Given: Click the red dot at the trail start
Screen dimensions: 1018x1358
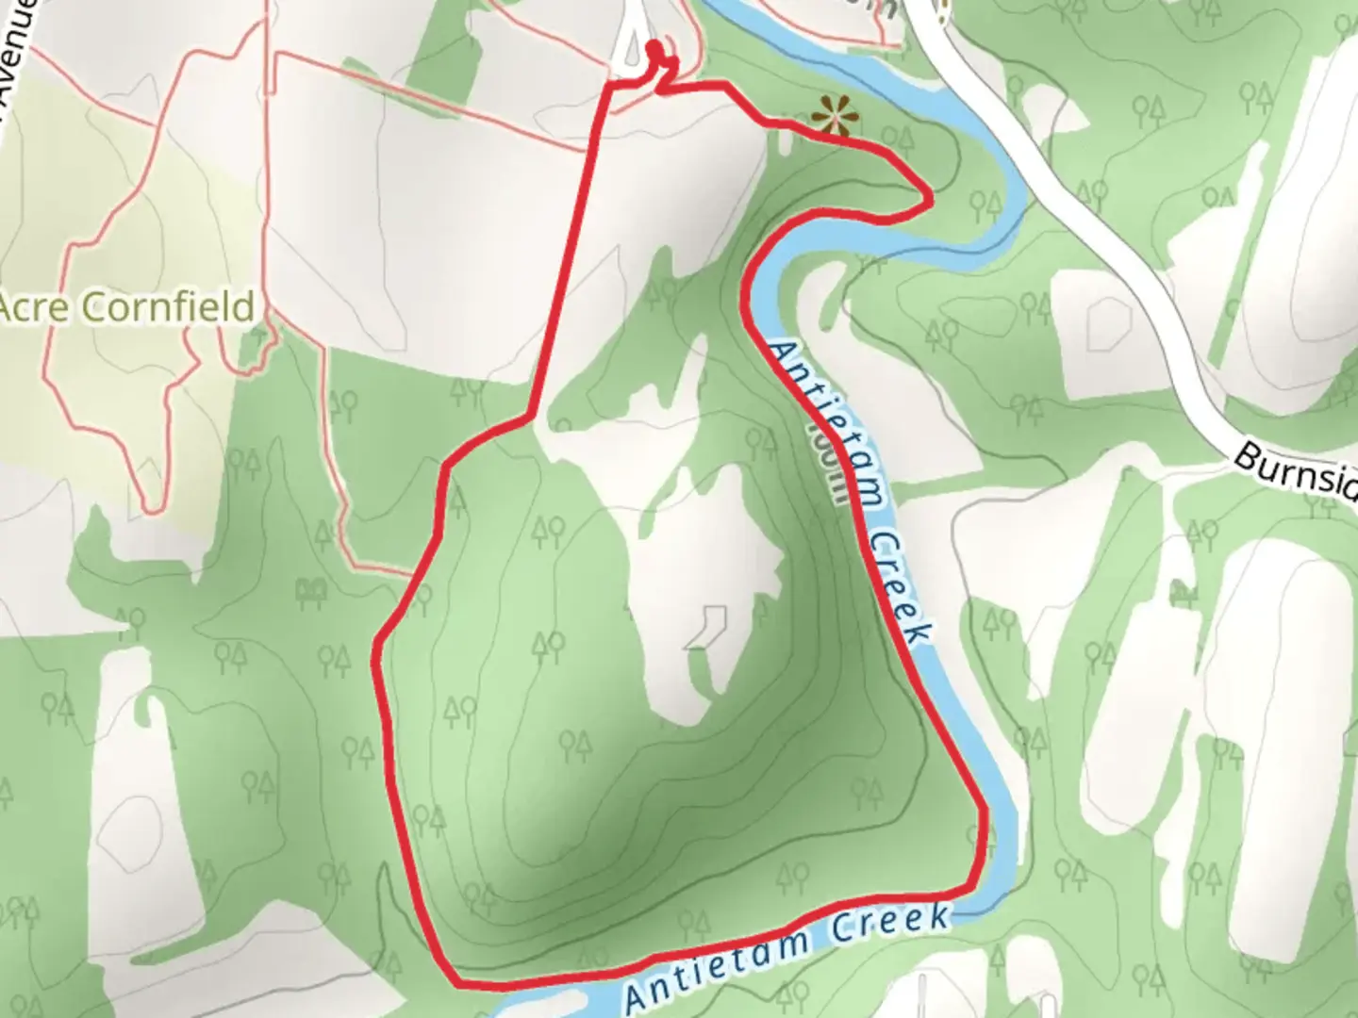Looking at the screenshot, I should coord(654,47).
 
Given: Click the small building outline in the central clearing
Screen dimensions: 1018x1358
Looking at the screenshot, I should coord(707,627).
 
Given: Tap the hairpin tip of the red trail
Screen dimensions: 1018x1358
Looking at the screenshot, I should coord(931,198).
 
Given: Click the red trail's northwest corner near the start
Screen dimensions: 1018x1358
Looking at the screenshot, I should coord(605,86).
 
